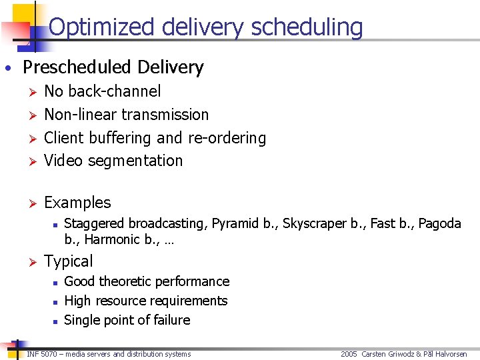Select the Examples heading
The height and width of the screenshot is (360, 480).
[x=77, y=203]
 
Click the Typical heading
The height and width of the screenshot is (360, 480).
[x=68, y=261]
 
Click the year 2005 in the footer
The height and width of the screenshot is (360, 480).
[x=349, y=354]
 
